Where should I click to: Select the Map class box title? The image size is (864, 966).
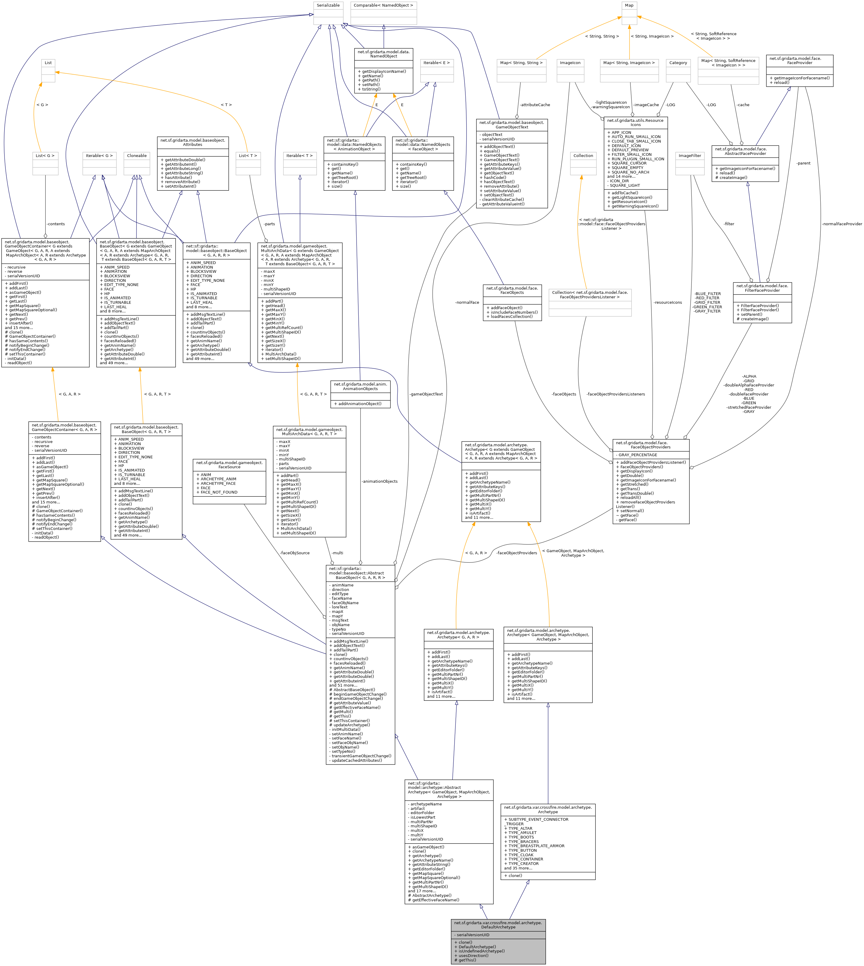(629, 5)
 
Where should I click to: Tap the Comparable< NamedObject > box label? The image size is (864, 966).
(384, 5)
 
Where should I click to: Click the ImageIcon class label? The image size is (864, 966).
(570, 63)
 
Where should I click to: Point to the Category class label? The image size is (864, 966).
(678, 63)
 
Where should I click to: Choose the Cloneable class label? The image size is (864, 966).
(137, 156)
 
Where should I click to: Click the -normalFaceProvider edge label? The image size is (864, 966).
(842, 224)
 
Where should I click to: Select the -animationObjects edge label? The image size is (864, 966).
(379, 481)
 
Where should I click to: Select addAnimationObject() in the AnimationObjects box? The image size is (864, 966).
(360, 404)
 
